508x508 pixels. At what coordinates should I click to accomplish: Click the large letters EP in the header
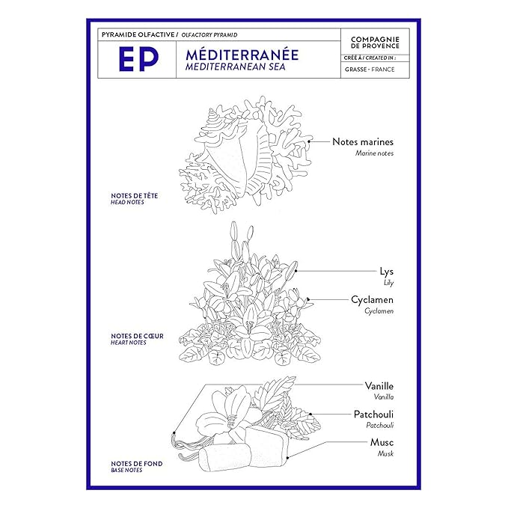point(138,59)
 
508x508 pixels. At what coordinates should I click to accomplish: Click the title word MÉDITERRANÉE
point(242,55)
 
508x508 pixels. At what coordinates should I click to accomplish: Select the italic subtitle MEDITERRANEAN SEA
point(235,67)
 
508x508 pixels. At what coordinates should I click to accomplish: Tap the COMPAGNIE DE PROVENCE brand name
point(375,43)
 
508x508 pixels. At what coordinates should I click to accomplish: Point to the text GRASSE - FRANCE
point(370,70)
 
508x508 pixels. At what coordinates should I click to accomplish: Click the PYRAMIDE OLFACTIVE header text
point(138,34)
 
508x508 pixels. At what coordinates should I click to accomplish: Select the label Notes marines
point(363,141)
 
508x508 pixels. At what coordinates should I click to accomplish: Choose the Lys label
point(387,272)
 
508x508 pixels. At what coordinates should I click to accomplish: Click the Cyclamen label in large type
point(373,300)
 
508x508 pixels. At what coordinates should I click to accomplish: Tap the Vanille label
point(379,386)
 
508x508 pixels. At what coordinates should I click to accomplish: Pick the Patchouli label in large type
point(373,414)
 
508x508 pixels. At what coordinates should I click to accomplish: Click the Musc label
point(382,442)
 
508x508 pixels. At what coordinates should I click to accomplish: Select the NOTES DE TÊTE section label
point(135,196)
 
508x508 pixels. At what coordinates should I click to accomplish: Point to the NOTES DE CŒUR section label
point(137,336)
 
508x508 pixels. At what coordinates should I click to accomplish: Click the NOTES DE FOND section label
point(137,464)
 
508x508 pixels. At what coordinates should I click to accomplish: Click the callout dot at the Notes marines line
point(309,141)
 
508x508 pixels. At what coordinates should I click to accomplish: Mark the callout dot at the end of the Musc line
point(288,457)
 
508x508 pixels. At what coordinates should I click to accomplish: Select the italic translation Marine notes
point(374,153)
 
